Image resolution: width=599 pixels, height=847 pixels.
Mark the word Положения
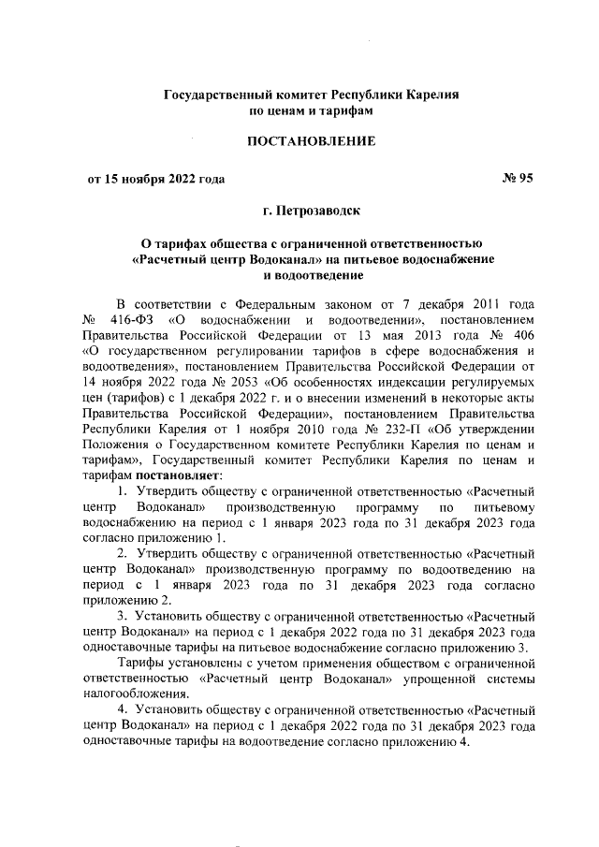tap(116, 448)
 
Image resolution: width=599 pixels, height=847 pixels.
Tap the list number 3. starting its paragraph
tap(123, 618)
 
